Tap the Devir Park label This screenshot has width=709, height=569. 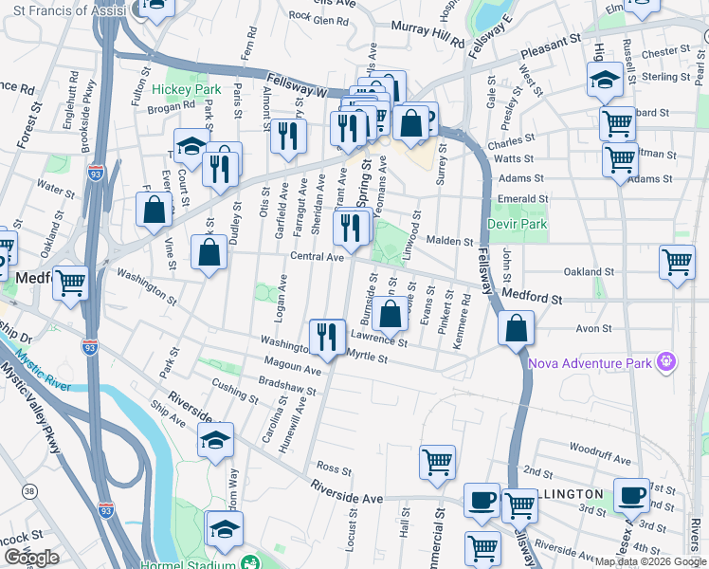click(x=518, y=224)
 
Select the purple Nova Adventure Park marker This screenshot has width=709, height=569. click(x=667, y=361)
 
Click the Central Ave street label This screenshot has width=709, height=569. click(x=317, y=257)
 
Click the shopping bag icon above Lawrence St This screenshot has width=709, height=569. click(x=390, y=315)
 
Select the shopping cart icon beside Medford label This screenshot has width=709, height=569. click(x=69, y=282)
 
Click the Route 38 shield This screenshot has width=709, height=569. click(x=30, y=490)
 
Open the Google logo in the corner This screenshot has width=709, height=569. click(x=32, y=558)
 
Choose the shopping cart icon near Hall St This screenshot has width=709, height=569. click(x=437, y=463)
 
